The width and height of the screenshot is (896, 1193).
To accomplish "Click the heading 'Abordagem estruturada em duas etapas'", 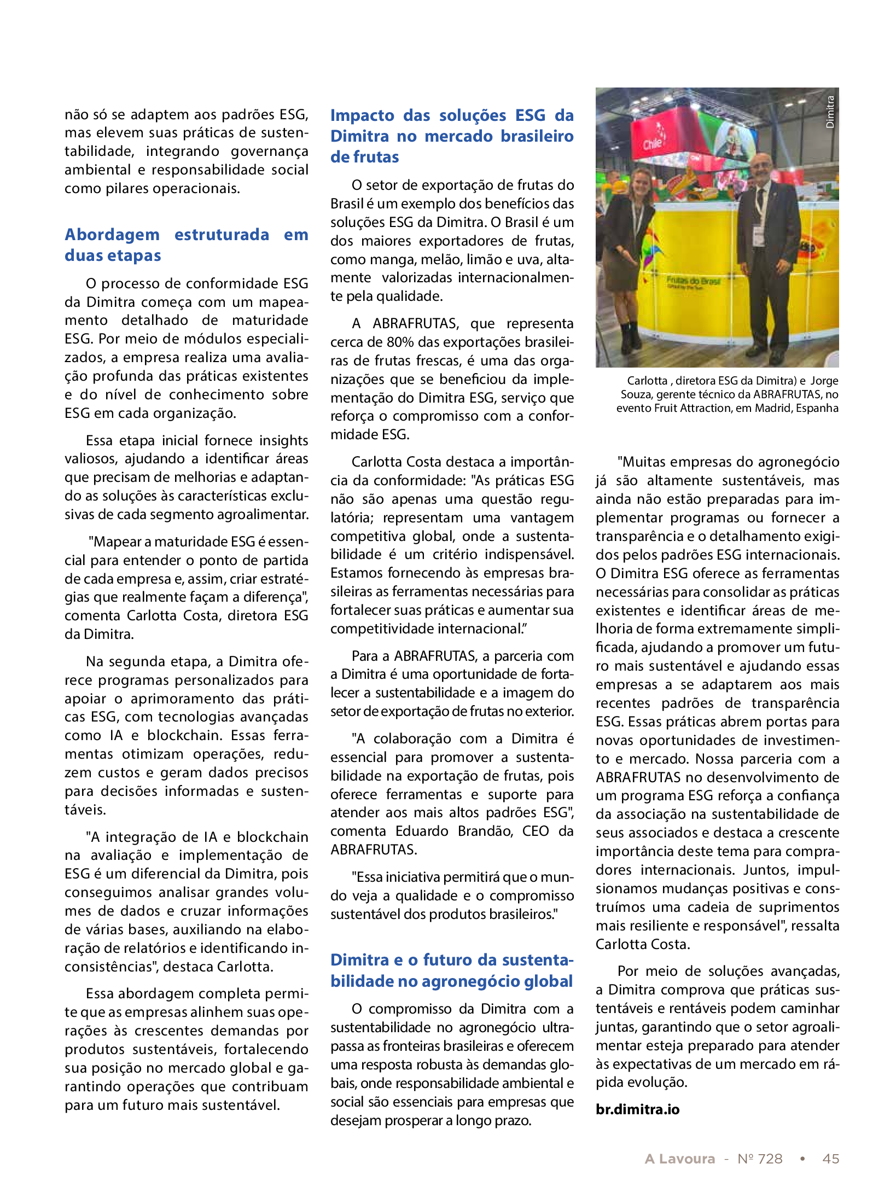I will [x=186, y=245].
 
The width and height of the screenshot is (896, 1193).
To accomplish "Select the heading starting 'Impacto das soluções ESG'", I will [x=451, y=136].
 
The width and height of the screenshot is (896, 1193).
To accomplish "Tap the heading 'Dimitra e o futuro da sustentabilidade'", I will [x=451, y=970].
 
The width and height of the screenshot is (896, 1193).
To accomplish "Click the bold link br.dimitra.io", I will [x=637, y=1109].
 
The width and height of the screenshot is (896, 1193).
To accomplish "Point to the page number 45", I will [x=830, y=1159].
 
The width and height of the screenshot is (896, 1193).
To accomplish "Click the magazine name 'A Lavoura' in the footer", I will [x=679, y=1159].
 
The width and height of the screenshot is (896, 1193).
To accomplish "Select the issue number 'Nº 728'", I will [x=760, y=1159].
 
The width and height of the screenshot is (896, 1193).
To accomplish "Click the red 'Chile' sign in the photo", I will [x=652, y=144].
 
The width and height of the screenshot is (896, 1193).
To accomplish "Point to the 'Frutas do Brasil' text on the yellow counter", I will [x=693, y=281].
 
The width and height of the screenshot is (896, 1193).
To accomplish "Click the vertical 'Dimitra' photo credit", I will [x=830, y=112].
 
